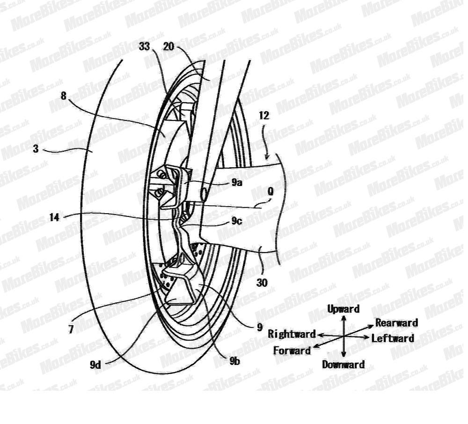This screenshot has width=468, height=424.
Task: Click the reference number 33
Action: [x=145, y=46]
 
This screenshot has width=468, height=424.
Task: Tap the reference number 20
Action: [x=169, y=46]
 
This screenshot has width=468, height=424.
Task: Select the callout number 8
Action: [x=63, y=97]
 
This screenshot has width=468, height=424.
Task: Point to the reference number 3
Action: [x=36, y=149]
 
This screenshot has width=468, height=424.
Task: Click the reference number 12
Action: [x=264, y=116]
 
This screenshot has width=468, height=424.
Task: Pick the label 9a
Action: [x=237, y=183]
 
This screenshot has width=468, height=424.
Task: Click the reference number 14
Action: [x=55, y=217]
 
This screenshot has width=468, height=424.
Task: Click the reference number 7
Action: [x=71, y=330]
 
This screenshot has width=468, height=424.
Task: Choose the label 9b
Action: [x=234, y=361]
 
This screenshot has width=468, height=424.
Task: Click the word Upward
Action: [x=343, y=309]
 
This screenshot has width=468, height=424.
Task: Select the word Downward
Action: [x=343, y=364]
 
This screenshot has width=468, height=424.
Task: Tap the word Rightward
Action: [x=292, y=334]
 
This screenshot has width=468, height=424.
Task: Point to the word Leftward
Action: [x=393, y=338]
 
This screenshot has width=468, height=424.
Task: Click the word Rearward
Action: [x=396, y=323]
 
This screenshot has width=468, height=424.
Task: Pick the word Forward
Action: [x=292, y=350]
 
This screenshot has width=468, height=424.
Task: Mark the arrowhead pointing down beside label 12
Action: [x=267, y=156]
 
